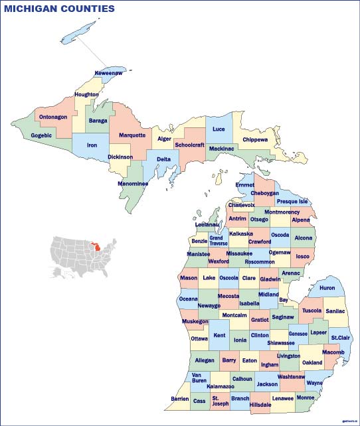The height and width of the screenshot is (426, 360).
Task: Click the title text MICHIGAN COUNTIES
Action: click(x=60, y=9)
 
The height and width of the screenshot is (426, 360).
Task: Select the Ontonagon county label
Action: click(x=53, y=117)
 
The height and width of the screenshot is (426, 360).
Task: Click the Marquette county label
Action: click(x=132, y=135)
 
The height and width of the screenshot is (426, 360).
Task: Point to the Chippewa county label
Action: click(x=255, y=140)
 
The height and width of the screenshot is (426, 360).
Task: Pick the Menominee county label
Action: click(x=133, y=183)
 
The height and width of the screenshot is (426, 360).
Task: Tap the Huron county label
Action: click(x=327, y=288)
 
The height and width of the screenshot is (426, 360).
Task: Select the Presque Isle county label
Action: click(x=292, y=201)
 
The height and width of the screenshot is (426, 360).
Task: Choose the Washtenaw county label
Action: click(x=292, y=376)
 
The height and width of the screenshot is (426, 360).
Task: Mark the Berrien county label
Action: click(x=180, y=399)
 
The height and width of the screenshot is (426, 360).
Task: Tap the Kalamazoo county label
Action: click(x=220, y=386)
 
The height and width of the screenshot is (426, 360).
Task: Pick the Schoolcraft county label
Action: click(x=189, y=145)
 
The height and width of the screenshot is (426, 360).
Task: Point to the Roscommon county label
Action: click(x=260, y=261)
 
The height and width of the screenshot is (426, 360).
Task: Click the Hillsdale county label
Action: click(x=260, y=404)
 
